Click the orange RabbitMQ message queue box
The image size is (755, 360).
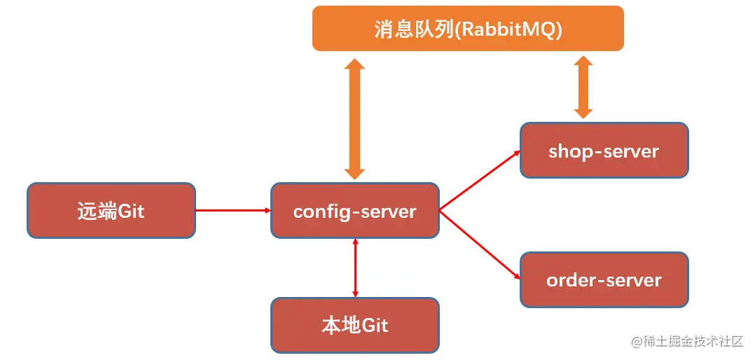click(x=468, y=28)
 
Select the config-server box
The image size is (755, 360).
click(x=355, y=210)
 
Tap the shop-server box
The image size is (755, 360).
click(x=604, y=150)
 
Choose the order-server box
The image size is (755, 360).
click(x=604, y=279)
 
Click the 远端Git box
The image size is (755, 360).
click(x=111, y=210)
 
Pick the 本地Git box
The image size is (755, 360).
click(x=355, y=325)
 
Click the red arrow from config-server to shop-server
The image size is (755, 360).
click(x=480, y=179)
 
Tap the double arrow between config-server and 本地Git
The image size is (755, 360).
click(x=356, y=267)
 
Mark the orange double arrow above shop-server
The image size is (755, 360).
click(x=583, y=87)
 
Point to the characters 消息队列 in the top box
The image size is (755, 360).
click(x=413, y=30)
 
